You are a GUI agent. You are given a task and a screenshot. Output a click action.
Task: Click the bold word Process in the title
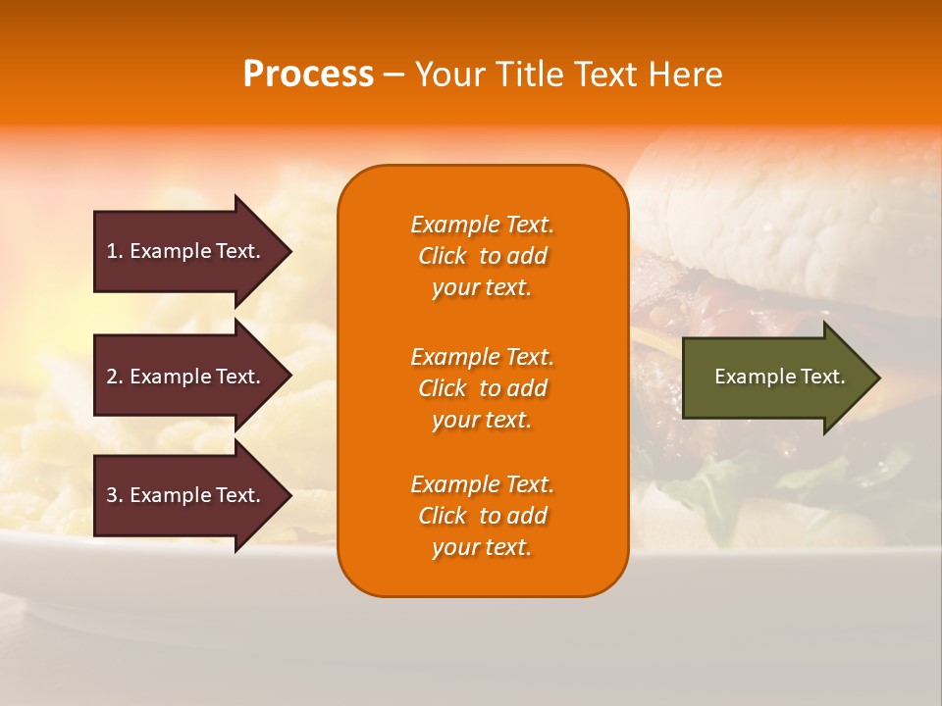[x=308, y=75]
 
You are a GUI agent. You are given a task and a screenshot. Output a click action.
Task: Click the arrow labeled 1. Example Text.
[x=186, y=251]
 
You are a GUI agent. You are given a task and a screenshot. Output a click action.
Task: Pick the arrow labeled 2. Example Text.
[x=186, y=377]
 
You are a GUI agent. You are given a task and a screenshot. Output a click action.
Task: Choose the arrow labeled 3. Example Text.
[x=186, y=495]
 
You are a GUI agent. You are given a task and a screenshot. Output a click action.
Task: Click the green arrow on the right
[x=775, y=378]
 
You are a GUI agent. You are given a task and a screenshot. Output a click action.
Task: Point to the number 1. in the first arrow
[x=115, y=251]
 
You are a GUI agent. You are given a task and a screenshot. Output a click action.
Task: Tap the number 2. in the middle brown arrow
[x=115, y=377]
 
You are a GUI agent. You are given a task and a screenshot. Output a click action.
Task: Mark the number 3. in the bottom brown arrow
[x=115, y=495]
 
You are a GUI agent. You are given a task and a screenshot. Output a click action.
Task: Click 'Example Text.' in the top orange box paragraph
[x=482, y=225]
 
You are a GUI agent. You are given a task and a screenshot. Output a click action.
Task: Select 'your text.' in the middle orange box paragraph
[x=482, y=420]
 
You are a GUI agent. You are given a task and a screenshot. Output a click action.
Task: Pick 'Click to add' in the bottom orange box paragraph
[x=482, y=516]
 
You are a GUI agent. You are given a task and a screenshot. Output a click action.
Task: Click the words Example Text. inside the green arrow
[x=779, y=377]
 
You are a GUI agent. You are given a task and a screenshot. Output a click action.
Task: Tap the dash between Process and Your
[x=393, y=76]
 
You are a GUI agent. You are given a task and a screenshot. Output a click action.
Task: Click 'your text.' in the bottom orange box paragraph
[x=482, y=547]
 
